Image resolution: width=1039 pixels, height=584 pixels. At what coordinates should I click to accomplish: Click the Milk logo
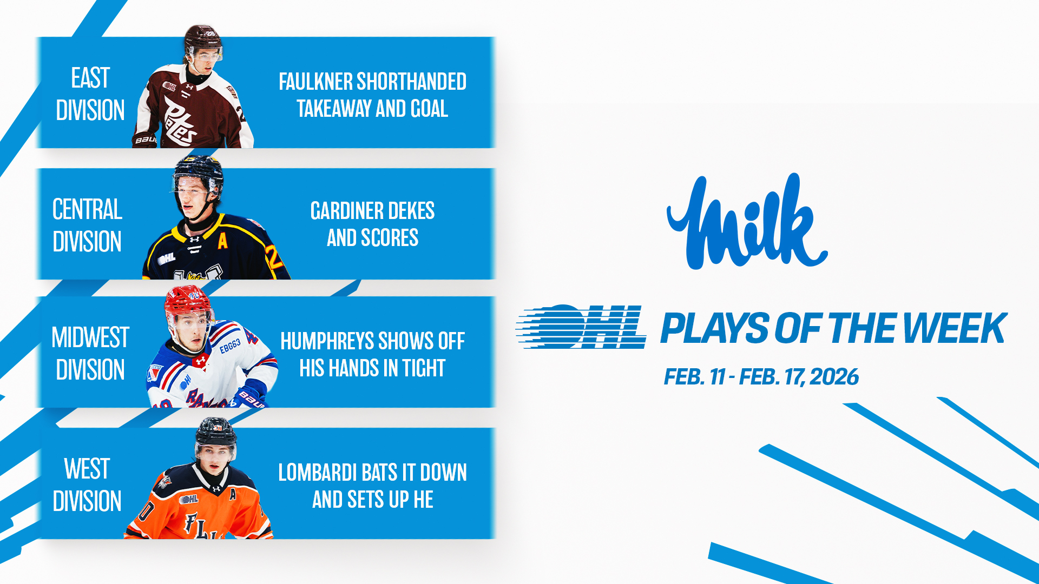(747, 222)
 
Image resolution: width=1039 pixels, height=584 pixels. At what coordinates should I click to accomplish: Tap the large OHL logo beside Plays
(581, 327)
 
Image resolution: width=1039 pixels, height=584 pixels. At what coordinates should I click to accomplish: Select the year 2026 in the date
(834, 377)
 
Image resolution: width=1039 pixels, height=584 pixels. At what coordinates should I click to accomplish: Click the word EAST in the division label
(90, 78)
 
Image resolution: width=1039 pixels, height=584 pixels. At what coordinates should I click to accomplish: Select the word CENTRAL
(87, 209)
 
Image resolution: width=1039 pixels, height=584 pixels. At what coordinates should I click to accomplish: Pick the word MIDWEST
(90, 337)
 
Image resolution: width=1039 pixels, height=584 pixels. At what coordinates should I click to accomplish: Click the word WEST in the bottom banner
(87, 469)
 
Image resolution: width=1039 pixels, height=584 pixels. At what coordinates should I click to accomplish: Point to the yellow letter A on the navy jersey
(222, 241)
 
